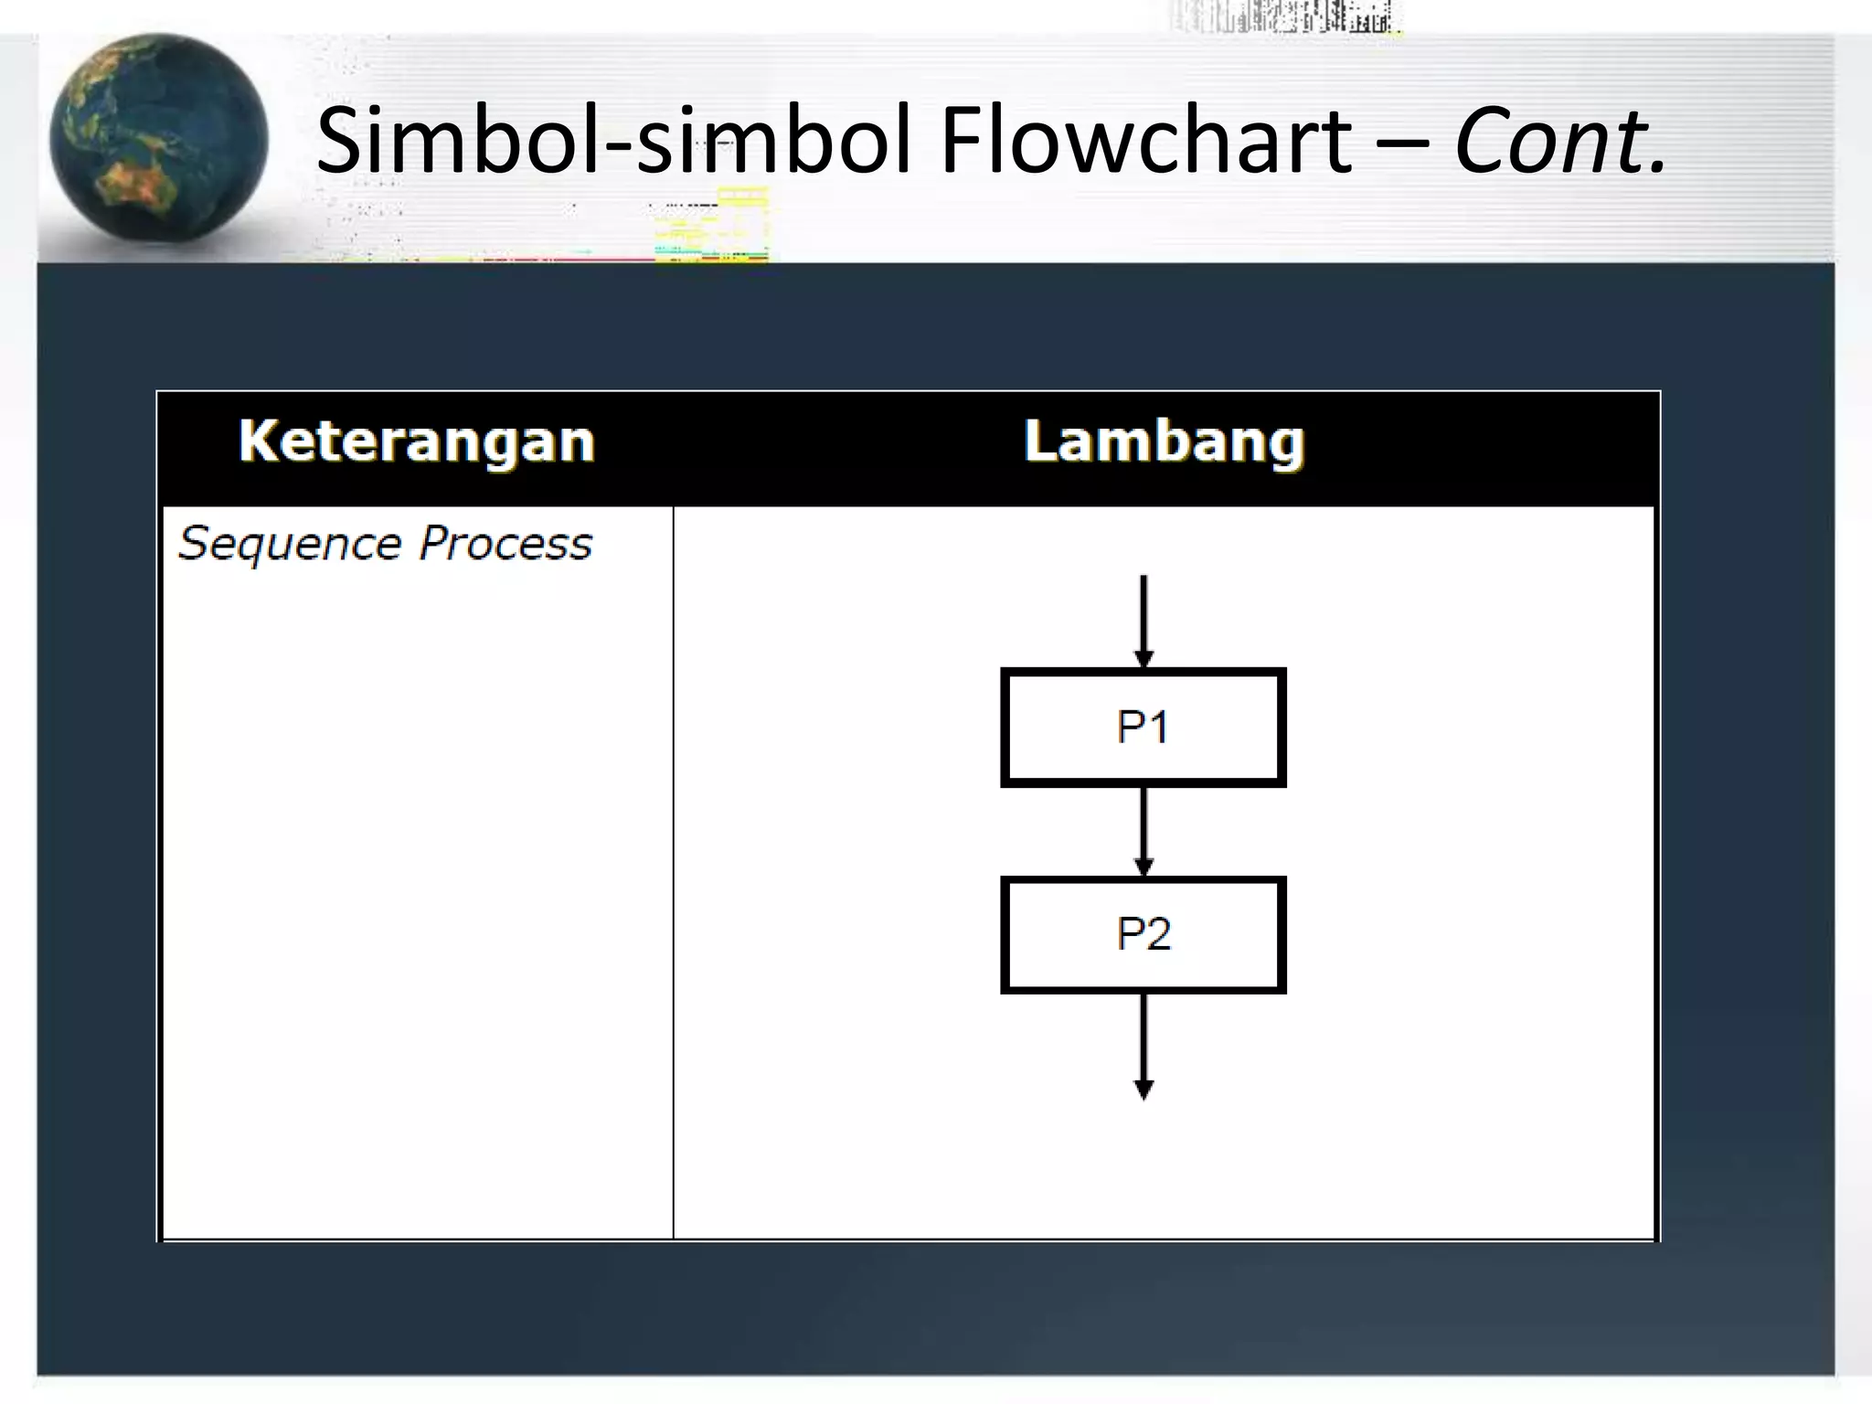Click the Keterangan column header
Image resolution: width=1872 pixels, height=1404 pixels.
[x=417, y=441]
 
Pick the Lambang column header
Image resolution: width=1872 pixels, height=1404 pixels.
[x=1164, y=441]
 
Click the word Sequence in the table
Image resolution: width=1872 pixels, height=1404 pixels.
[x=290, y=544]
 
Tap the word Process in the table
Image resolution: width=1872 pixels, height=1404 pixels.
[x=505, y=544]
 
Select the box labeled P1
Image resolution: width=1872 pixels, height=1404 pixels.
[x=1143, y=728]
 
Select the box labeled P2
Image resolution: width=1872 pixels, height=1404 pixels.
[x=1143, y=934]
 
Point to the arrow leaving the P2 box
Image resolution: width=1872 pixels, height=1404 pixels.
[x=1143, y=1037]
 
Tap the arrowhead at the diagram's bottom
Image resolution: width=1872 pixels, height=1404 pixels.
[x=1143, y=1089]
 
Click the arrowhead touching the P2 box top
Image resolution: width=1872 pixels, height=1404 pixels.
[x=1143, y=867]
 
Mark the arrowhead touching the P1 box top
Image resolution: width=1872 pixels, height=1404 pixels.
[x=1143, y=659]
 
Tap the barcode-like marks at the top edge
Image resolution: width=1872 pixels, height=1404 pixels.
[x=1284, y=16]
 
